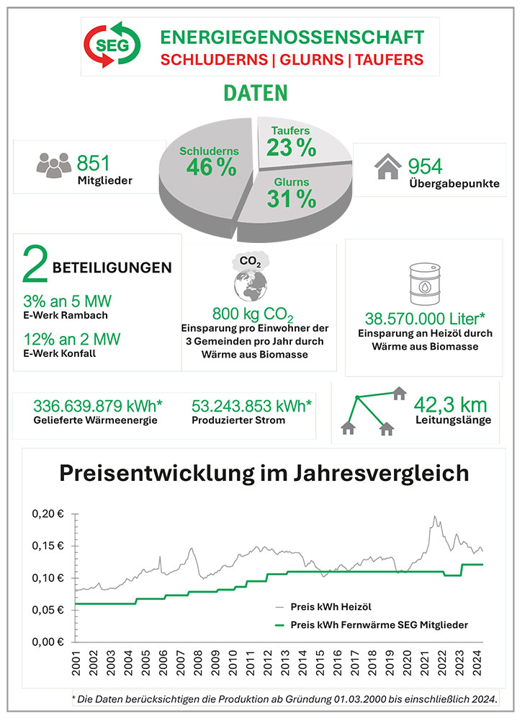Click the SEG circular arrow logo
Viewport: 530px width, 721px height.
112,45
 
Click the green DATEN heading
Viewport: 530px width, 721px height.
256,93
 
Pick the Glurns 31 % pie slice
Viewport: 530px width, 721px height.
294,198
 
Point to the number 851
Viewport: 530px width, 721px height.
93,163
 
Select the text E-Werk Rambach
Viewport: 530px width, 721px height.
66,316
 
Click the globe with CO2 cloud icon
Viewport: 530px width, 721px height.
251,276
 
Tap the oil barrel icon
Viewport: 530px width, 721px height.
425,283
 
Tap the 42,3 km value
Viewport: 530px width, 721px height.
450,405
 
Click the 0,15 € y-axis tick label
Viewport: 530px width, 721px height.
48,546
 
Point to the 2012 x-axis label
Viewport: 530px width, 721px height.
268,663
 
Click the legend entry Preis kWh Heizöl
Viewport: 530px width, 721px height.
331,607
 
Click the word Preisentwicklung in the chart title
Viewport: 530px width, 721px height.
156,474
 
